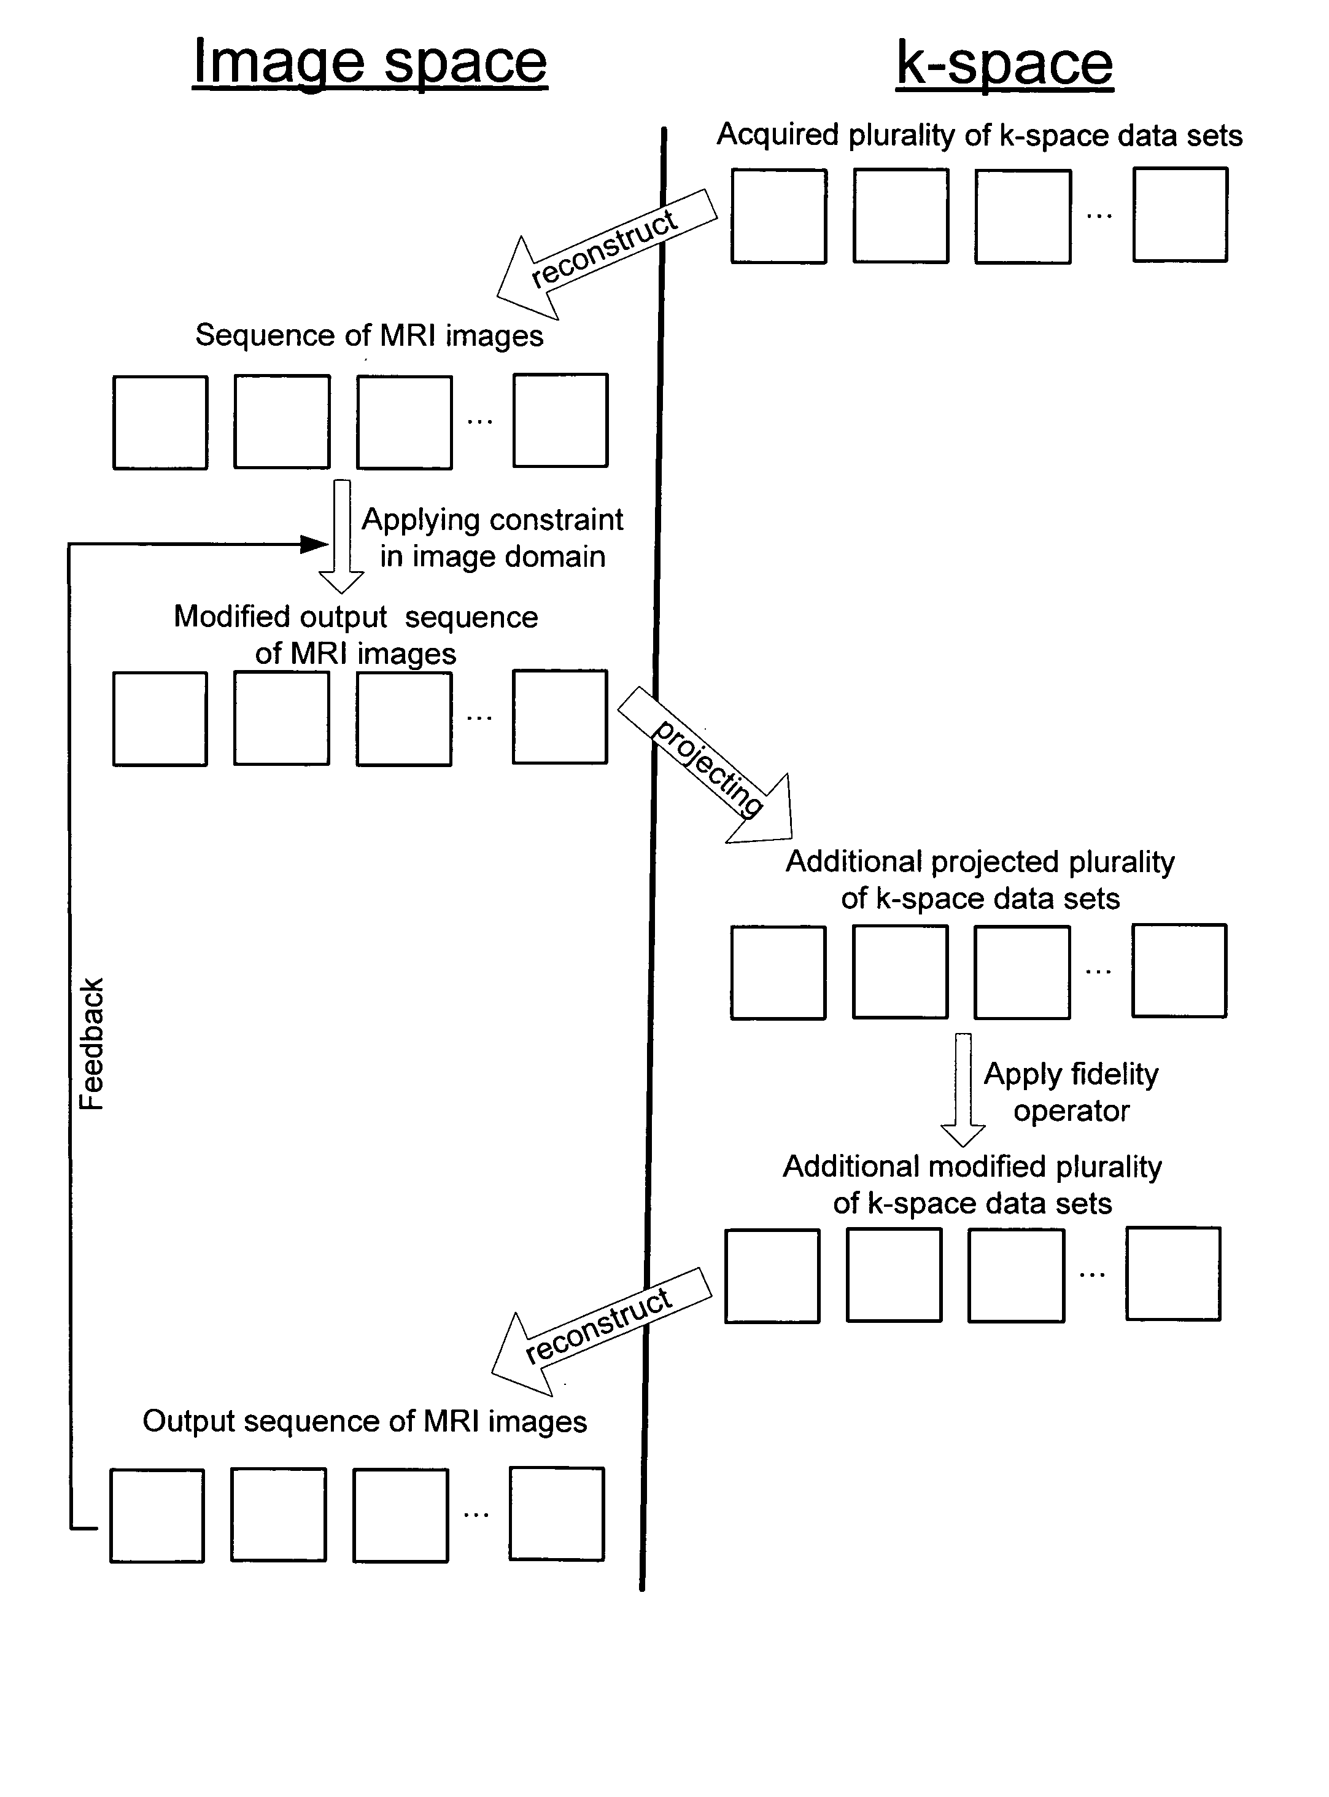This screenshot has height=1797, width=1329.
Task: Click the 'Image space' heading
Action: tap(370, 63)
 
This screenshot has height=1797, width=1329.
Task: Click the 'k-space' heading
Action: tap(1005, 63)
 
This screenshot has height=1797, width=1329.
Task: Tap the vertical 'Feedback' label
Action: tap(91, 1044)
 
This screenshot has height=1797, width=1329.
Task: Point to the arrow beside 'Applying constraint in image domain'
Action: tap(342, 537)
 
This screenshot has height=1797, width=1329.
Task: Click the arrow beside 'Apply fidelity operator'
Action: tap(963, 1090)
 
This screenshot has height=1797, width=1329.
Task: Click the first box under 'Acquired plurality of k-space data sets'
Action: tap(779, 216)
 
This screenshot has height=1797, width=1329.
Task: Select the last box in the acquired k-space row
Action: tap(1180, 215)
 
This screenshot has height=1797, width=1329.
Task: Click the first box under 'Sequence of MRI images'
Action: tap(160, 423)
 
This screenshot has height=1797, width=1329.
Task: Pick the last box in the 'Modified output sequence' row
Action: tap(560, 716)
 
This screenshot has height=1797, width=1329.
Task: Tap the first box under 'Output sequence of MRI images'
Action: tap(157, 1515)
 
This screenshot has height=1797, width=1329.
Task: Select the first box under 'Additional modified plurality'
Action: tap(772, 1276)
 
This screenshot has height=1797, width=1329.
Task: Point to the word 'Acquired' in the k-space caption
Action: tap(778, 134)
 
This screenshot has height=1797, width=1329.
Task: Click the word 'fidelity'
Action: tap(1114, 1074)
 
